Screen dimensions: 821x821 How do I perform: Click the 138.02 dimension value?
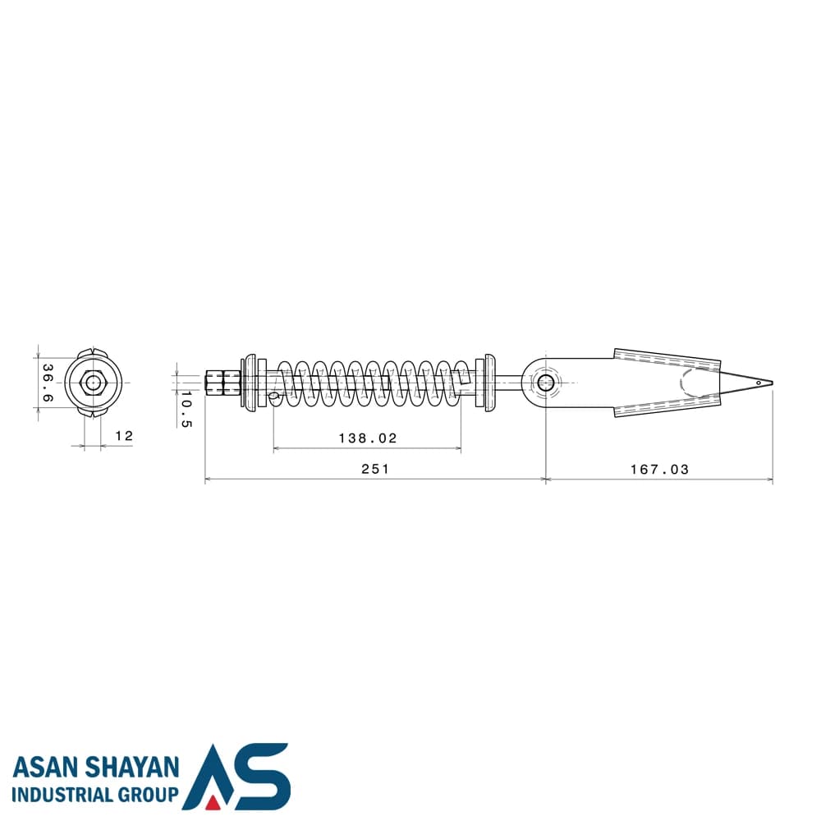(x=368, y=438)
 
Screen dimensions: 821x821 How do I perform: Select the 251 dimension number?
(x=375, y=469)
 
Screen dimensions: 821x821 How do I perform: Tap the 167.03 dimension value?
(x=659, y=469)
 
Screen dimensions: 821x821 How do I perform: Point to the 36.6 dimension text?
(x=47, y=383)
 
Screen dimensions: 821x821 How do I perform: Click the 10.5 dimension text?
(x=186, y=408)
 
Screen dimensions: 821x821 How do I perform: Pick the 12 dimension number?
(x=124, y=436)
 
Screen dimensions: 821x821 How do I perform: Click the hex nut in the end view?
(x=94, y=383)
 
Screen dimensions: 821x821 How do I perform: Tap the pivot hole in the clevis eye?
(x=545, y=383)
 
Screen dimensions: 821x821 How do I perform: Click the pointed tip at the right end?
(x=772, y=383)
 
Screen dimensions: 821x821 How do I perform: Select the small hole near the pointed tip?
(x=758, y=383)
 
